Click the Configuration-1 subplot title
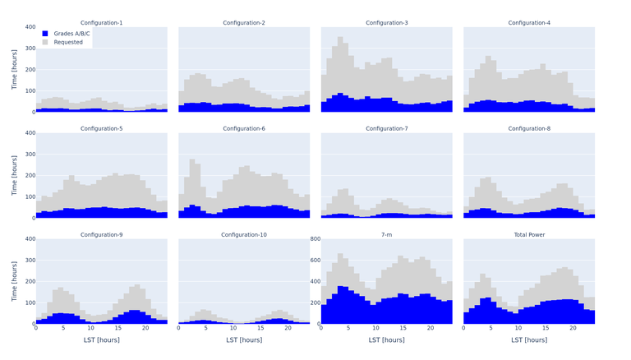click(x=102, y=23)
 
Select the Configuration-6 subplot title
click(x=244, y=129)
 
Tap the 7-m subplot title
click(x=386, y=235)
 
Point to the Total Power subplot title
click(x=529, y=235)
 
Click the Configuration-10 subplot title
click(x=244, y=235)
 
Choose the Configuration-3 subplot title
click(x=386, y=23)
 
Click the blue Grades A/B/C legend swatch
click(x=46, y=34)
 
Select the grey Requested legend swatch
click(x=46, y=42)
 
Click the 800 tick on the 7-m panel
click(x=314, y=239)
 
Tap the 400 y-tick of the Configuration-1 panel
click(x=29, y=27)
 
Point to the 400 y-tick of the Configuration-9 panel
click(x=29, y=239)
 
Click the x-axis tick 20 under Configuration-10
click(x=288, y=329)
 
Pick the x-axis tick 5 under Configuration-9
click(x=63, y=329)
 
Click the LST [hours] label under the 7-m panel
click(x=386, y=339)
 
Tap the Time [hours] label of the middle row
click(x=14, y=174)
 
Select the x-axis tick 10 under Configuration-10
click(x=233, y=329)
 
